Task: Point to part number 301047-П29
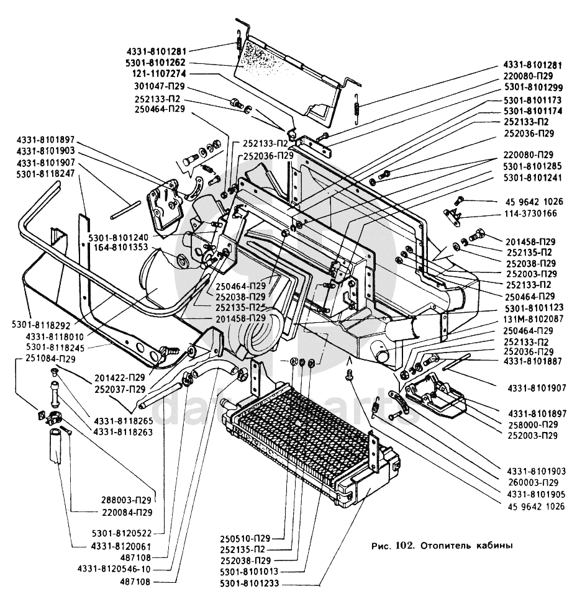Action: pos(160,86)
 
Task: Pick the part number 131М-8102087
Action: pos(533,318)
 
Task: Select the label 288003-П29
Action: pos(128,498)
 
